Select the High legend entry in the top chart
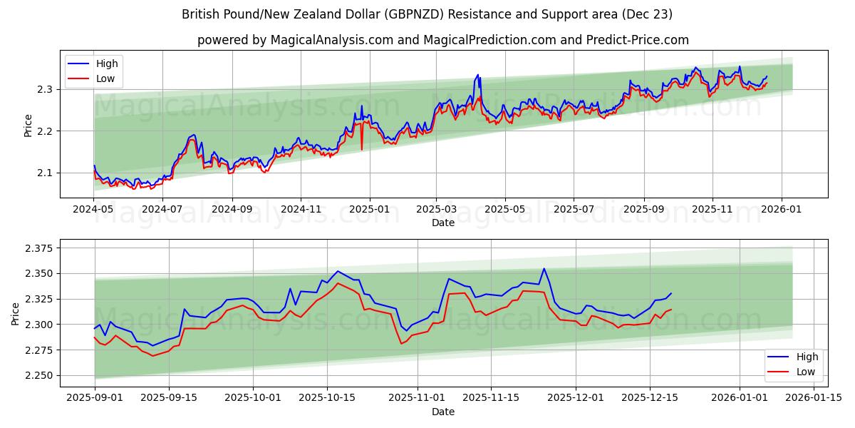107,64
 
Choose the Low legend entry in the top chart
105,79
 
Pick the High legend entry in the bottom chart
807,357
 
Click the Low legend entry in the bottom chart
805,372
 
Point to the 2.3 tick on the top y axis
46,90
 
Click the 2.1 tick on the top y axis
46,173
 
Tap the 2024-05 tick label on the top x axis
93,210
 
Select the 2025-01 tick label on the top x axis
369,210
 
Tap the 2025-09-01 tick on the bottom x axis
94,398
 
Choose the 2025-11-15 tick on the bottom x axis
489,398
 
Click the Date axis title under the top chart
443,223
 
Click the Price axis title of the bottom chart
16,313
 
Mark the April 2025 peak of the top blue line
477,74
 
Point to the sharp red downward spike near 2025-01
362,149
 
